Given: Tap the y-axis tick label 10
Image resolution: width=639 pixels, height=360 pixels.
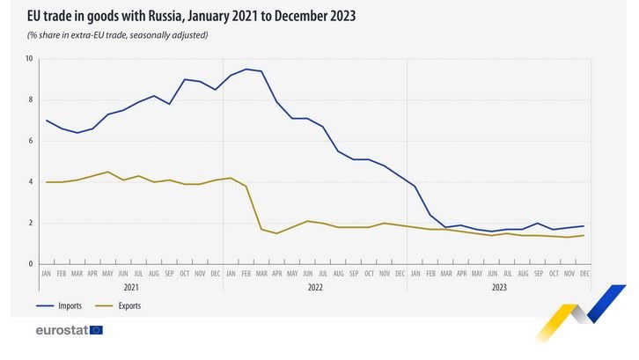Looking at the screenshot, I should pyautogui.click(x=29, y=59).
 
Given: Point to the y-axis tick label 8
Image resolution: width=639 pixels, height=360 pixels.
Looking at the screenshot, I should pyautogui.click(x=30, y=100).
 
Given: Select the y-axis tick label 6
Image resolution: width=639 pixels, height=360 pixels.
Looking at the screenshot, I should pyautogui.click(x=30, y=141).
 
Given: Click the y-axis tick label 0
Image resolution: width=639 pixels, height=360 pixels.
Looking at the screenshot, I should pyautogui.click(x=30, y=264).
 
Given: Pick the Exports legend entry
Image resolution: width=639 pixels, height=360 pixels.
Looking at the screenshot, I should pyautogui.click(x=129, y=306).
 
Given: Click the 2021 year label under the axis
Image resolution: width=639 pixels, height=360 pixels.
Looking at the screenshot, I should pyautogui.click(x=130, y=287).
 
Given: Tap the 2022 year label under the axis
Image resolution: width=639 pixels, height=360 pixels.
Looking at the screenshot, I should pyautogui.click(x=314, y=287).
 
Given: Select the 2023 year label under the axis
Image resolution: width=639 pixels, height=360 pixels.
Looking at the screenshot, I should pyautogui.click(x=498, y=287).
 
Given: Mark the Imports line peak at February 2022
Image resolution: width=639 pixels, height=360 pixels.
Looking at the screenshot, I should pyautogui.click(x=246, y=69).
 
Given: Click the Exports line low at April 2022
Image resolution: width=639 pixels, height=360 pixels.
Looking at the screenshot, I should pyautogui.click(x=276, y=233).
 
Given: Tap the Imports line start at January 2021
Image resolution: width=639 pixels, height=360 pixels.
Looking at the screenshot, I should pyautogui.click(x=46, y=121).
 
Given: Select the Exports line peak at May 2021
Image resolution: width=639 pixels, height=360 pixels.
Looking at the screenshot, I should pyautogui.click(x=107, y=172).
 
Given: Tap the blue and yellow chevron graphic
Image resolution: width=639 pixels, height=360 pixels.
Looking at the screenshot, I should pyautogui.click(x=582, y=313).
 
